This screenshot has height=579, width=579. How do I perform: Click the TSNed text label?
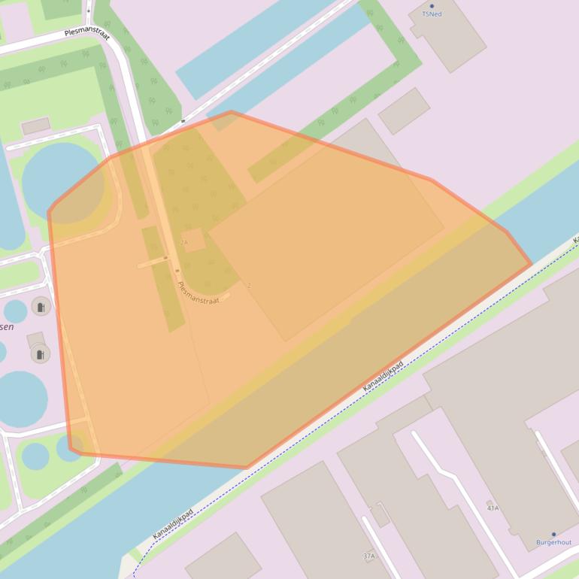click(x=432, y=14)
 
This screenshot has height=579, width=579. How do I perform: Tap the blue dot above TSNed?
click(x=432, y=6)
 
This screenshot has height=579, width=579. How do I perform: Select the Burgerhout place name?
click(x=553, y=542)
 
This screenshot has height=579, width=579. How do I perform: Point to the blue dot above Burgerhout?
click(x=553, y=535)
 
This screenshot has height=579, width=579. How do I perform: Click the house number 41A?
click(x=493, y=508)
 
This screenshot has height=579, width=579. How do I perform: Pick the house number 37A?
click(x=368, y=556)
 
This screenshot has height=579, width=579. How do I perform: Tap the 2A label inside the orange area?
click(x=184, y=242)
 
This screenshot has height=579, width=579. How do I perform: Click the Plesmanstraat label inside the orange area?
click(x=198, y=292)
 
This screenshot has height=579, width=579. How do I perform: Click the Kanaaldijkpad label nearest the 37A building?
click(x=173, y=523)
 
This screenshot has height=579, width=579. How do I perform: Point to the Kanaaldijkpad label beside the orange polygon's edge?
click(x=383, y=375)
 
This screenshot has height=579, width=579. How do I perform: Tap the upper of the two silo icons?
click(x=41, y=306)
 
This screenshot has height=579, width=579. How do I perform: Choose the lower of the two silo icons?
click(x=40, y=353)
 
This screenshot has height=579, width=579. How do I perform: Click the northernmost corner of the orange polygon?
click(x=230, y=112)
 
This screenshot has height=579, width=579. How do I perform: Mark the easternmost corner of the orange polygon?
click(x=531, y=265)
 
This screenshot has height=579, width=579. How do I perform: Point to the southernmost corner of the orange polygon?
click(x=247, y=468)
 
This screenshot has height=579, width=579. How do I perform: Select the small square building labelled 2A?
click(x=193, y=241)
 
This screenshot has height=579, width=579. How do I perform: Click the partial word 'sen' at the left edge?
click(x=6, y=327)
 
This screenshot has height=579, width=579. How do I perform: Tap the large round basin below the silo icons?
click(x=21, y=399)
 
